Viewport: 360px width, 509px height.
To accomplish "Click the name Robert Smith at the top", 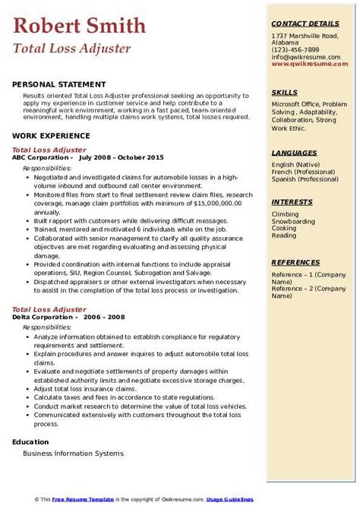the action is (80, 27).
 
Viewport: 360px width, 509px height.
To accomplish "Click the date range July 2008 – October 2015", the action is (122, 157).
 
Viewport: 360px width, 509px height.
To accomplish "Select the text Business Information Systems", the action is (73, 454).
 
